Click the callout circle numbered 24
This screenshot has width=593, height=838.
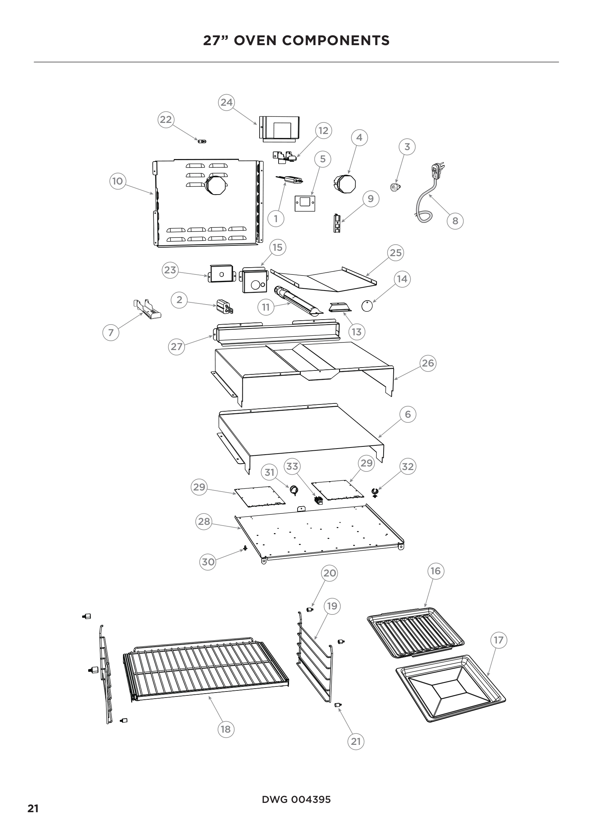[226, 102]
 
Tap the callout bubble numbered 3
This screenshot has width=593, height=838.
[407, 147]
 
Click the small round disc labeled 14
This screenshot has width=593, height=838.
[367, 306]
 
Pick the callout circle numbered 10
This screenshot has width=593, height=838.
[118, 181]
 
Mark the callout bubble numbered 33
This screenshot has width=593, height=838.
[292, 466]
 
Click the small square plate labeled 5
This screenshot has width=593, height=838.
[305, 203]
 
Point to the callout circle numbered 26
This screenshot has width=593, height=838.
[428, 363]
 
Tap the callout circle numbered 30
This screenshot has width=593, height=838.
[208, 561]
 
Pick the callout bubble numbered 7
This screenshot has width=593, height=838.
[111, 332]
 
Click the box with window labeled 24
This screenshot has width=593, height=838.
[279, 128]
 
